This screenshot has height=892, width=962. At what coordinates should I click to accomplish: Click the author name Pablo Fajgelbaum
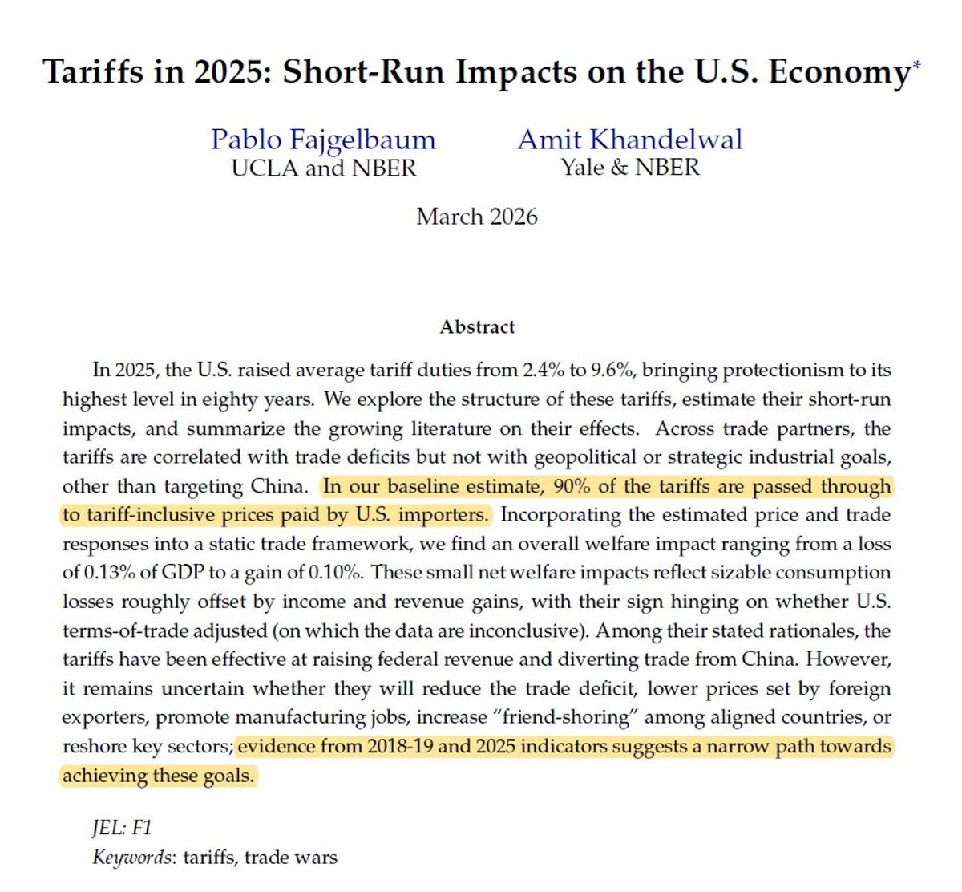(323, 140)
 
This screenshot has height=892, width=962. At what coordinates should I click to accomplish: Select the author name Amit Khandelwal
(630, 140)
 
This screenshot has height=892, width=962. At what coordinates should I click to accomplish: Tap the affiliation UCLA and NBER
(323, 168)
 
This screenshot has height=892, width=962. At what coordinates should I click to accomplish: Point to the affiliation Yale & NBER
(630, 168)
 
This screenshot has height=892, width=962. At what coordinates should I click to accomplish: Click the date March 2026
(477, 217)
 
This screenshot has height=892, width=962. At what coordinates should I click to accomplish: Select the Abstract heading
(477, 327)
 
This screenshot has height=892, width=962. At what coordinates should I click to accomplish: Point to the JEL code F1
(141, 828)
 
